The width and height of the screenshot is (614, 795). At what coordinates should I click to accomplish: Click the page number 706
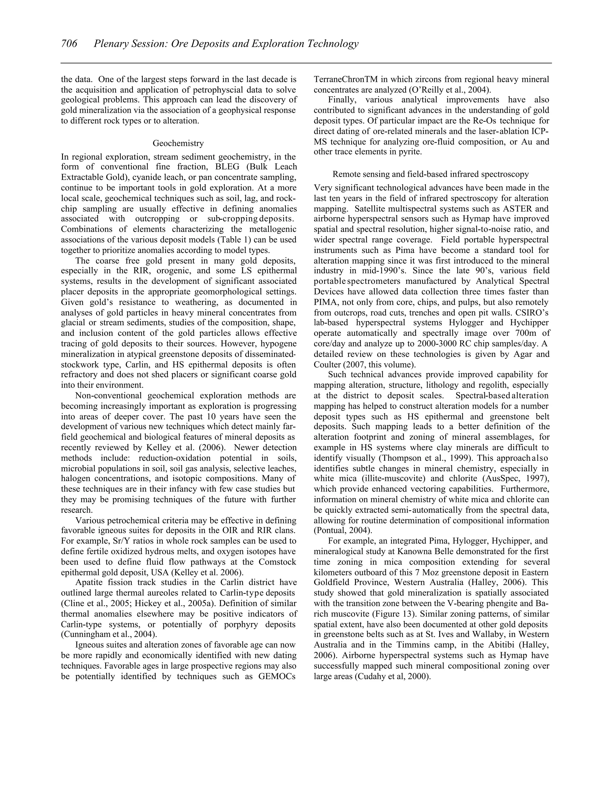(69, 44)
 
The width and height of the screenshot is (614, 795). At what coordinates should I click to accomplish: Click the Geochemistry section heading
(178, 143)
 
